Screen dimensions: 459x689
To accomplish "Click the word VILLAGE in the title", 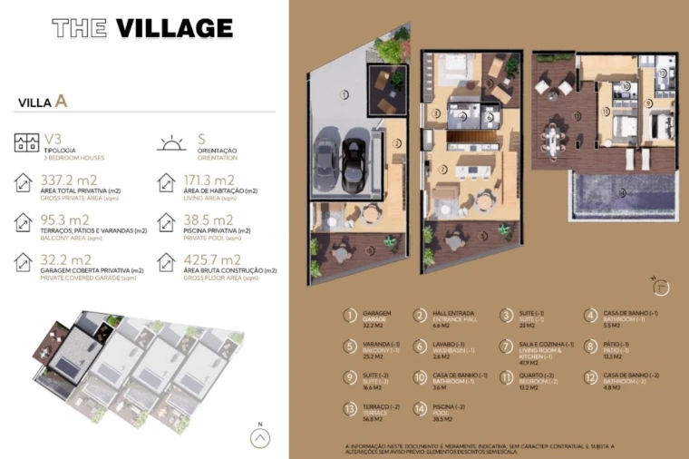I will pyautogui.click(x=174, y=28).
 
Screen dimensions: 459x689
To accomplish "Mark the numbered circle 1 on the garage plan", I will pyautogui.click(x=344, y=93).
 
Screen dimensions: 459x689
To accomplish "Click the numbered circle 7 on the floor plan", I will pyautogui.click(x=442, y=169).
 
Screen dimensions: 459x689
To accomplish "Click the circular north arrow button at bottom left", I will pyautogui.click(x=260, y=437).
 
